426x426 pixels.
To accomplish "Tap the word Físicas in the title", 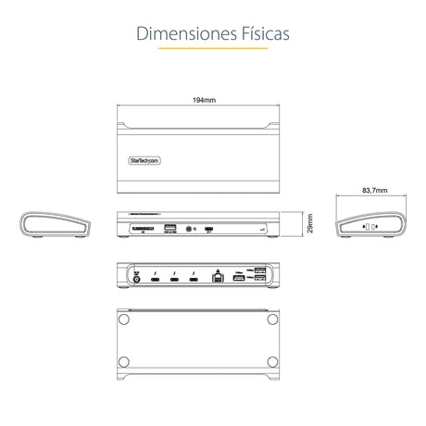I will (262, 33).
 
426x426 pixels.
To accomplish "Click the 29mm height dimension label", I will (312, 225).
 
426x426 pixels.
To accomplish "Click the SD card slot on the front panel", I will (144, 226).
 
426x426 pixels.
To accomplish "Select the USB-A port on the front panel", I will (169, 226).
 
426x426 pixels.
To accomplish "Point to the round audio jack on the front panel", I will (191, 227).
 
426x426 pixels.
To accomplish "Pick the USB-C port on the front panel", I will (210, 227).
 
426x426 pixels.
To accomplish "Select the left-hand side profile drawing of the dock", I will (56, 226).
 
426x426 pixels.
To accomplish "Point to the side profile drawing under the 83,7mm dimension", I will (370, 226).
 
